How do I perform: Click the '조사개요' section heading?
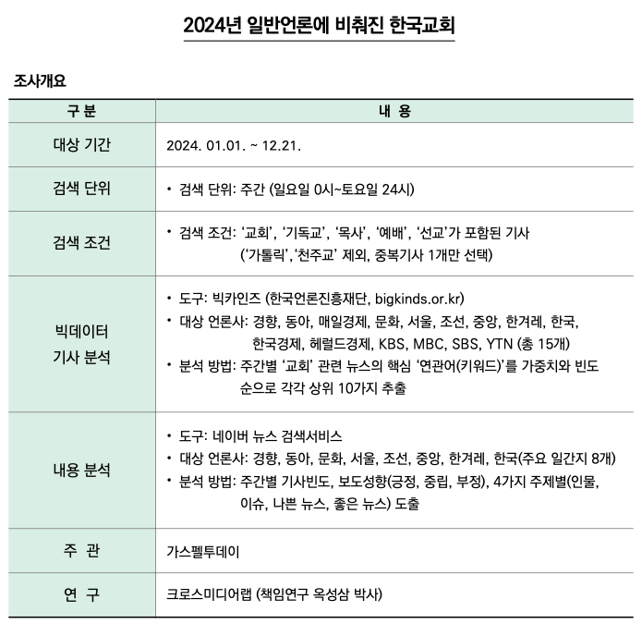40,81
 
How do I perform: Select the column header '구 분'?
81,112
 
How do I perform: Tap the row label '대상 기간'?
81,146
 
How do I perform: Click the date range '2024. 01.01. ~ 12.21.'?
234,146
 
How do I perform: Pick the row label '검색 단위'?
81,190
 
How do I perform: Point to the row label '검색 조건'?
81,243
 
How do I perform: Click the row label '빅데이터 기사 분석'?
81,343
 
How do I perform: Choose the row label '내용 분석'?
81,471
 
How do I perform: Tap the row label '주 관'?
81,552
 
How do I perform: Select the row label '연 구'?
81,593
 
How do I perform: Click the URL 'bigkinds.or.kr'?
418,299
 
